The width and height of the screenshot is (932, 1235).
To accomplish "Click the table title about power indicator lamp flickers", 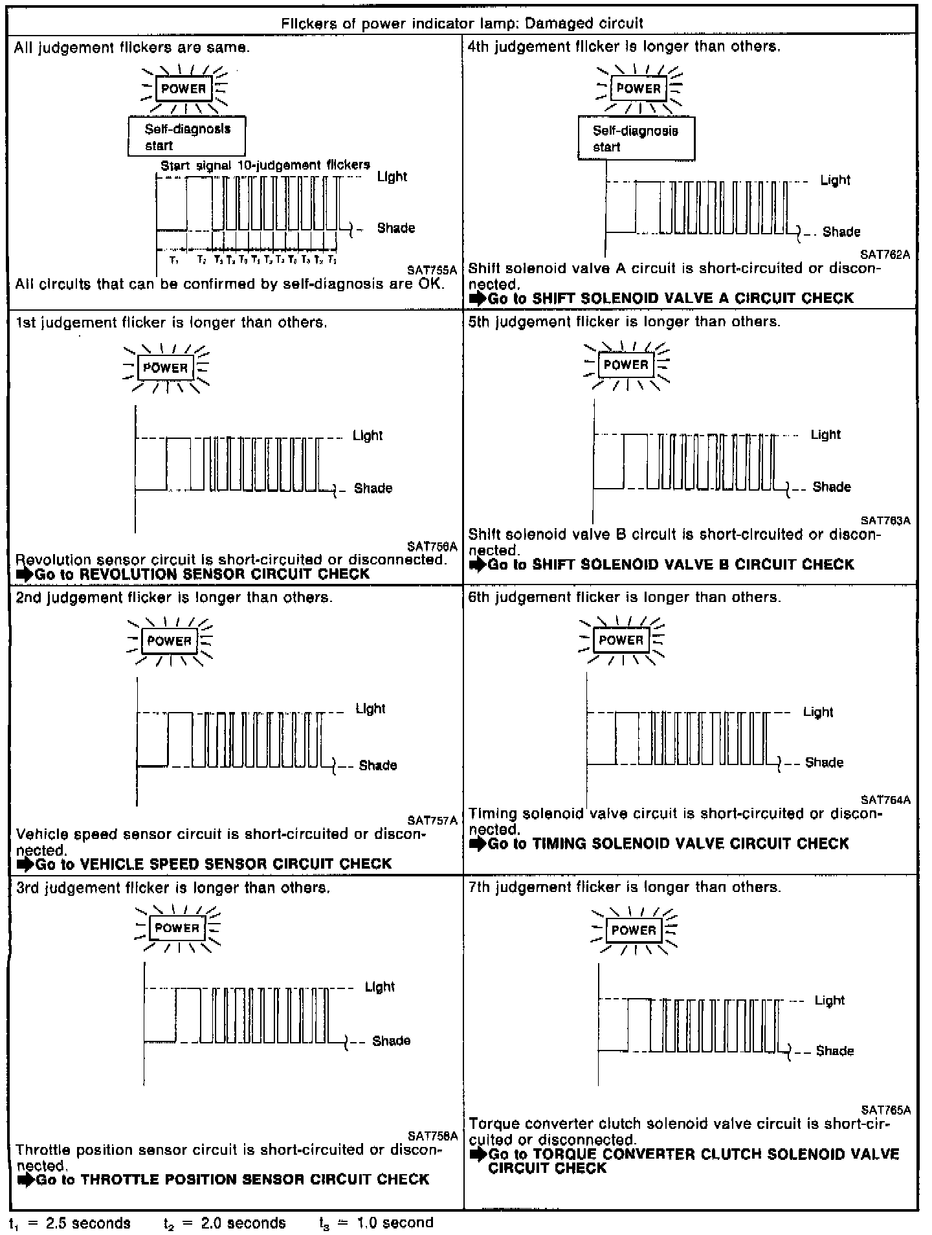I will [x=462, y=24].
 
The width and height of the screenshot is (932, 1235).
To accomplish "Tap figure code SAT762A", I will [x=885, y=255].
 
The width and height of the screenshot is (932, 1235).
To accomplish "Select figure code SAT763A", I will [x=885, y=520].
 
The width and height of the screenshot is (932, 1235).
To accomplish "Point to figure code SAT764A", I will [x=885, y=800].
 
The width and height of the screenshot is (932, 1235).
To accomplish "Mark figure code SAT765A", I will [x=885, y=1110].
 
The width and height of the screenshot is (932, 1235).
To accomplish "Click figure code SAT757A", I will [x=432, y=821].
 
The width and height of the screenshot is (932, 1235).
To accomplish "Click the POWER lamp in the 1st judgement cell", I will [x=166, y=368].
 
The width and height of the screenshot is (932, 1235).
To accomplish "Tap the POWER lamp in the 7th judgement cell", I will [x=634, y=930].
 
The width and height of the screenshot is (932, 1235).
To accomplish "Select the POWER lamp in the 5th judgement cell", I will [x=626, y=365].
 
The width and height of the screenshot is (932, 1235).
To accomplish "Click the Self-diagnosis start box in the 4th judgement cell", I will [x=636, y=139].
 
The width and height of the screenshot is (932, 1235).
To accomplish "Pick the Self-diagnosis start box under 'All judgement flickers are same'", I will [x=186, y=137].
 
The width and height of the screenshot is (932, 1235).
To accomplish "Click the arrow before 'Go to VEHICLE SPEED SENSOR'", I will [x=25, y=864].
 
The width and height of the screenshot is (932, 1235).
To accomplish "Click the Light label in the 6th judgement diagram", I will [x=817, y=712].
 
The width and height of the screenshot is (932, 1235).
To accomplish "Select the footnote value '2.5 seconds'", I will [x=88, y=1223].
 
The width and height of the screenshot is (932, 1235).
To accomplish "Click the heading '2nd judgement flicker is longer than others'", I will [x=174, y=597].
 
